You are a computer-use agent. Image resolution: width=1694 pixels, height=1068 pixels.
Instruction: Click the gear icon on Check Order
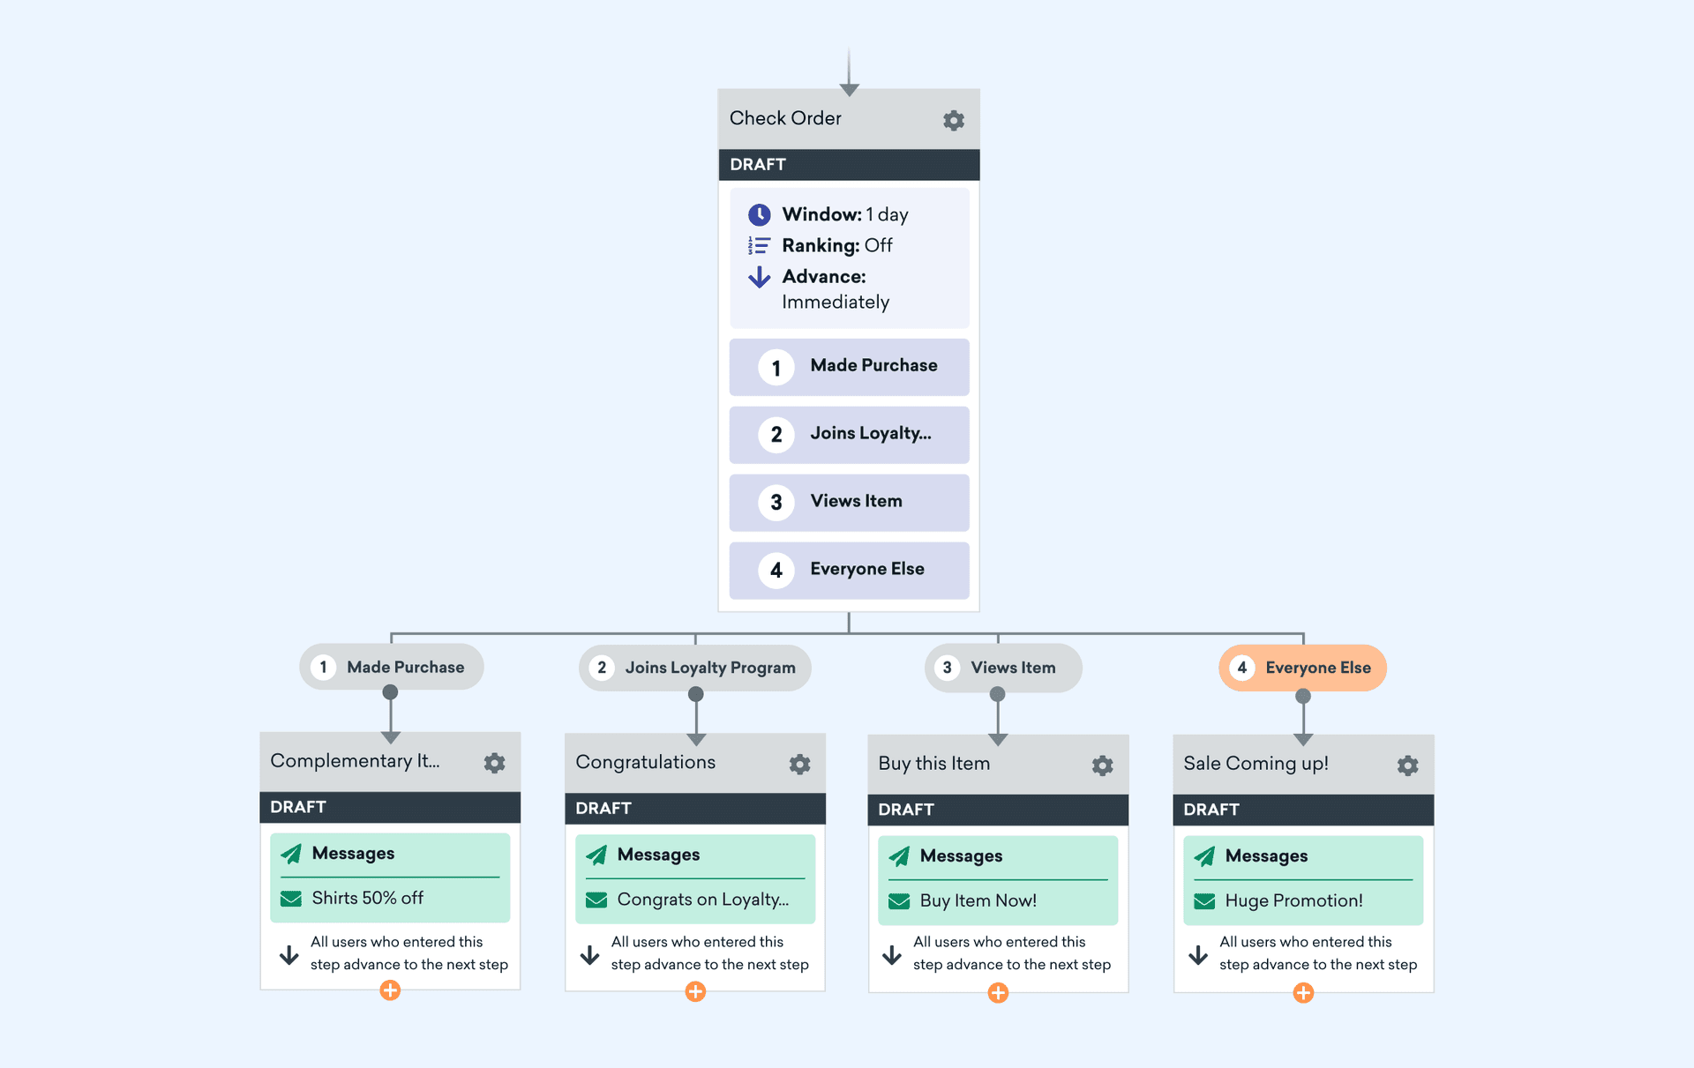click(953, 120)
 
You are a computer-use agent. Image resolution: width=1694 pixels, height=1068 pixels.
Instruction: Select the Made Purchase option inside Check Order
click(849, 367)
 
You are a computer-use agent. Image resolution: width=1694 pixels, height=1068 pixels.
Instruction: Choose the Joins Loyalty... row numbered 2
click(849, 434)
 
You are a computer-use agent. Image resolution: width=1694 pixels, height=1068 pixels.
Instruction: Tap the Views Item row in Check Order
click(849, 502)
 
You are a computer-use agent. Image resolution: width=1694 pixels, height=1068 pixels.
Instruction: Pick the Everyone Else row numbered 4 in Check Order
click(849, 570)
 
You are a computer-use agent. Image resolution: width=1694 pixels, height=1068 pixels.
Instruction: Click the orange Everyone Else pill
click(1302, 668)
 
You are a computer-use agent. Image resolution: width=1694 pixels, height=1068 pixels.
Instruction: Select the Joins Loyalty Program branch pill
click(695, 668)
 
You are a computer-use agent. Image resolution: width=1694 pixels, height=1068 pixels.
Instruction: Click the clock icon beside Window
click(759, 214)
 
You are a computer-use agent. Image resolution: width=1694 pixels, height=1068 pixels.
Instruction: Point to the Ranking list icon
click(759, 245)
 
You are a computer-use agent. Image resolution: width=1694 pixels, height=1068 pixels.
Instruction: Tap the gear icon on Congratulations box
click(799, 764)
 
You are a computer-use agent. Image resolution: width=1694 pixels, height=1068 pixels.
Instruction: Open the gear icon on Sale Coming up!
click(1407, 765)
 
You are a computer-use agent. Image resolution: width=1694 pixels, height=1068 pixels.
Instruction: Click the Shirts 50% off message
click(367, 898)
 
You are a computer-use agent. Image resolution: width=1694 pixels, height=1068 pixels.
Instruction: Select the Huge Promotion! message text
click(1293, 900)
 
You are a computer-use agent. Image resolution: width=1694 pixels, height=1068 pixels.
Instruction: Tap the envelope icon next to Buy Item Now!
click(899, 900)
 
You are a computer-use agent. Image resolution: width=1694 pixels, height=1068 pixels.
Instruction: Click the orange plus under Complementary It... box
click(390, 990)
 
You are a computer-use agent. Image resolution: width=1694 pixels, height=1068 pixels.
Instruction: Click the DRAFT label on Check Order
click(758, 165)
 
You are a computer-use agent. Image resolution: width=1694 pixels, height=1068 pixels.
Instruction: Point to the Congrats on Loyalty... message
click(702, 900)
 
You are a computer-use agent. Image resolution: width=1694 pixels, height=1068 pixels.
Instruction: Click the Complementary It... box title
click(355, 761)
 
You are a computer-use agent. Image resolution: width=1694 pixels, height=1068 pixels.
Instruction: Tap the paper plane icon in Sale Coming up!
click(1203, 855)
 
